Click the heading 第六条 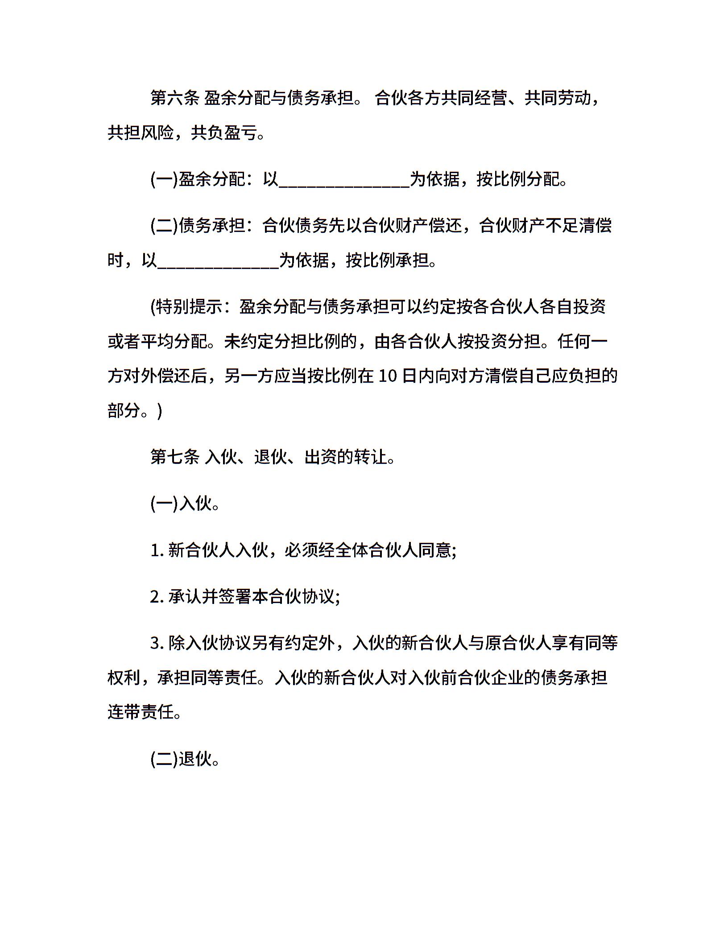click(174, 98)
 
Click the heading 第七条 click(174, 457)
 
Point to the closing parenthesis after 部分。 click(160, 410)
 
